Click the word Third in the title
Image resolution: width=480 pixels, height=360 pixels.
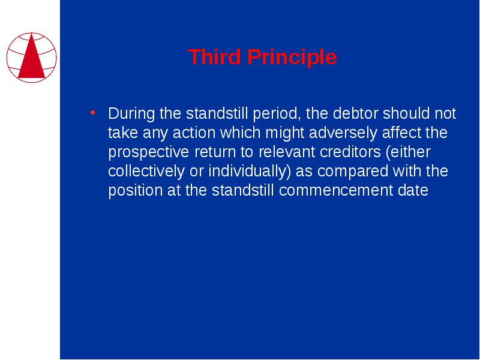[x=214, y=56]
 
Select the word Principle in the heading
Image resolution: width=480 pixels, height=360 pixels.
[x=292, y=58]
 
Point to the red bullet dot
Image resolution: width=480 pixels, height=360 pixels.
[x=93, y=113]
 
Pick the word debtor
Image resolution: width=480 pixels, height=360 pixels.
[x=355, y=113]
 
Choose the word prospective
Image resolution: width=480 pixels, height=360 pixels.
[x=148, y=152]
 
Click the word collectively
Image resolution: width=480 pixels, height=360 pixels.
[x=146, y=172]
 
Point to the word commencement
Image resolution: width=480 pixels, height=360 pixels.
[x=336, y=190]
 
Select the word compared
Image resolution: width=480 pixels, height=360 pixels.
[x=353, y=172]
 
